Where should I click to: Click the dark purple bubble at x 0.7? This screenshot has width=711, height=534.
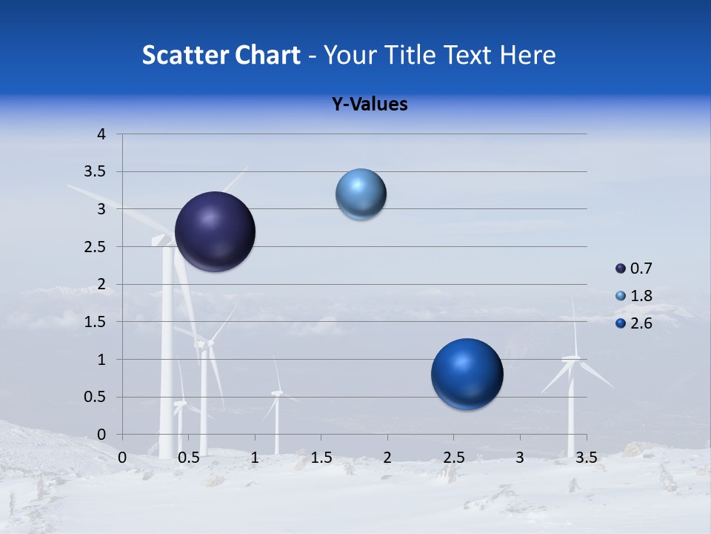pyautogui.click(x=215, y=231)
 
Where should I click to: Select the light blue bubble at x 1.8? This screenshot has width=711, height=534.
pyautogui.click(x=361, y=194)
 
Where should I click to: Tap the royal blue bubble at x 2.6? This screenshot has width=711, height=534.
pyautogui.click(x=467, y=375)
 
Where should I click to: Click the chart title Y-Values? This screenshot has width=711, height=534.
pyautogui.click(x=369, y=105)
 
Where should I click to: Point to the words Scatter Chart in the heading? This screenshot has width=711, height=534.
pyautogui.click(x=221, y=55)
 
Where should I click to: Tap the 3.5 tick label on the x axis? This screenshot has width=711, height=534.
pyautogui.click(x=586, y=458)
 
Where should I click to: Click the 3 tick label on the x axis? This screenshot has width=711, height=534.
pyautogui.click(x=520, y=458)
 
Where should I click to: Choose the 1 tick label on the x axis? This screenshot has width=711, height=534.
pyautogui.click(x=255, y=458)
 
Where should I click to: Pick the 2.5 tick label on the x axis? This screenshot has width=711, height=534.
pyautogui.click(x=453, y=458)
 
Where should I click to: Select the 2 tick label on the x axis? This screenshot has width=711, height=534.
pyautogui.click(x=387, y=458)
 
